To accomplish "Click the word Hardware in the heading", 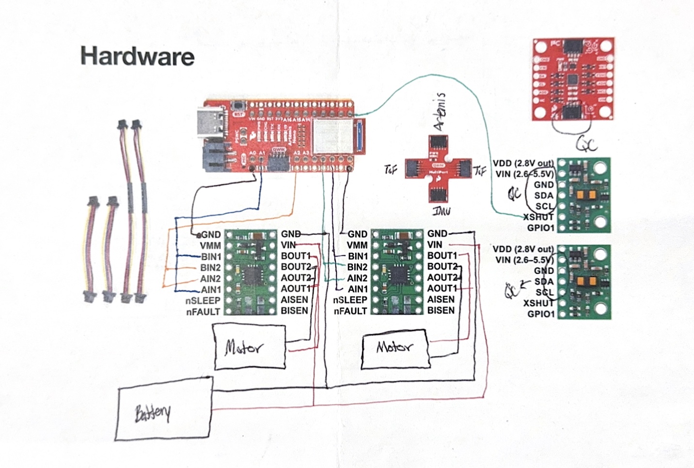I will tap(137, 56).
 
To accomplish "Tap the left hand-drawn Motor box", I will tap(250, 347).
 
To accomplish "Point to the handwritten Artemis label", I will tap(439, 111).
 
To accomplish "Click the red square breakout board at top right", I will tap(572, 79).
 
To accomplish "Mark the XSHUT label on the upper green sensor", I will tap(538, 217).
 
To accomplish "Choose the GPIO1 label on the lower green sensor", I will tap(540, 314).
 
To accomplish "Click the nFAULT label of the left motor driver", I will tap(203, 312).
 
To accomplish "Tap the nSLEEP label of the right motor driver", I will tap(350, 300).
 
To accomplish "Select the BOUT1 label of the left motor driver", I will tap(296, 255).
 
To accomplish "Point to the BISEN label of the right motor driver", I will tap(441, 310).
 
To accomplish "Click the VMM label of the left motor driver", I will tap(210, 246).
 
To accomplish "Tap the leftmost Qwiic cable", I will tap(92, 250).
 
